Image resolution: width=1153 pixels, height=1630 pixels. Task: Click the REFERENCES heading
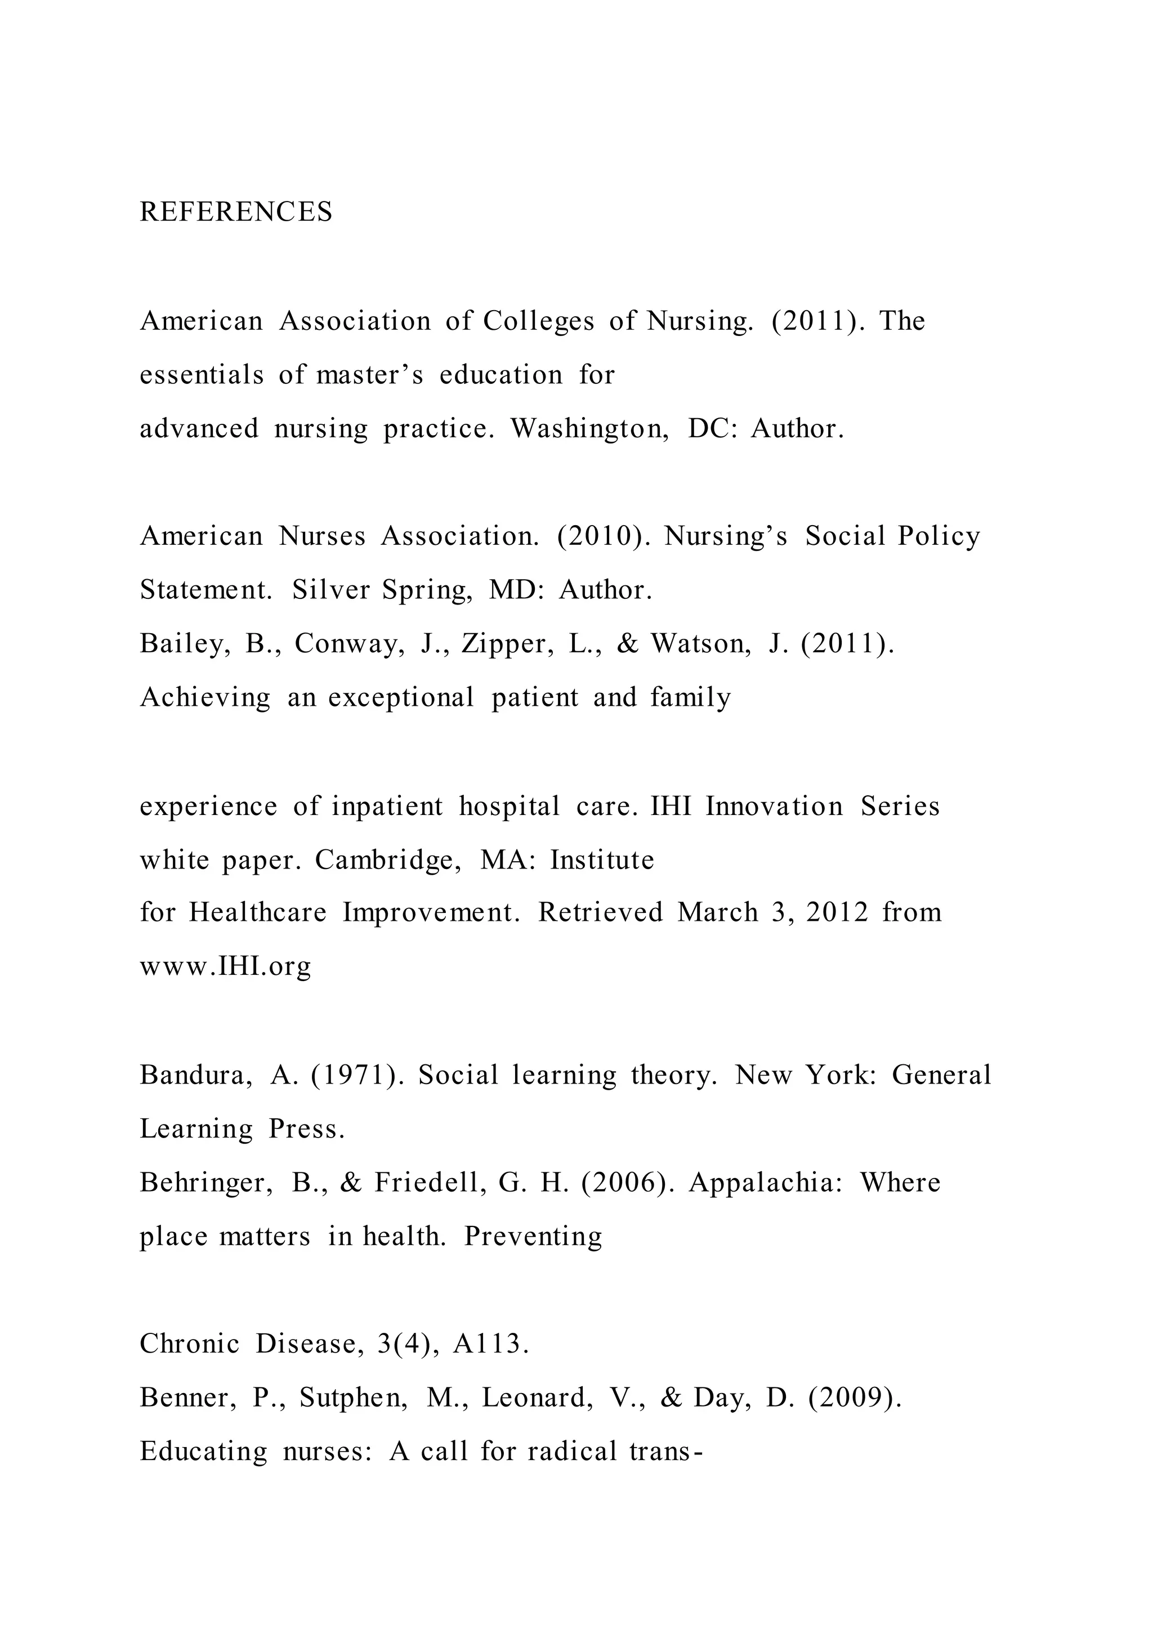click(236, 212)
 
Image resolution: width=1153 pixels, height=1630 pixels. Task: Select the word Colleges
click(538, 321)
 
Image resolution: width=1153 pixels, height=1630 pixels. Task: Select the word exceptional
click(401, 698)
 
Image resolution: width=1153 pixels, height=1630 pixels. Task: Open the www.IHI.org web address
click(225, 966)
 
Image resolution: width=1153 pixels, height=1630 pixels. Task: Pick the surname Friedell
click(431, 1183)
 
